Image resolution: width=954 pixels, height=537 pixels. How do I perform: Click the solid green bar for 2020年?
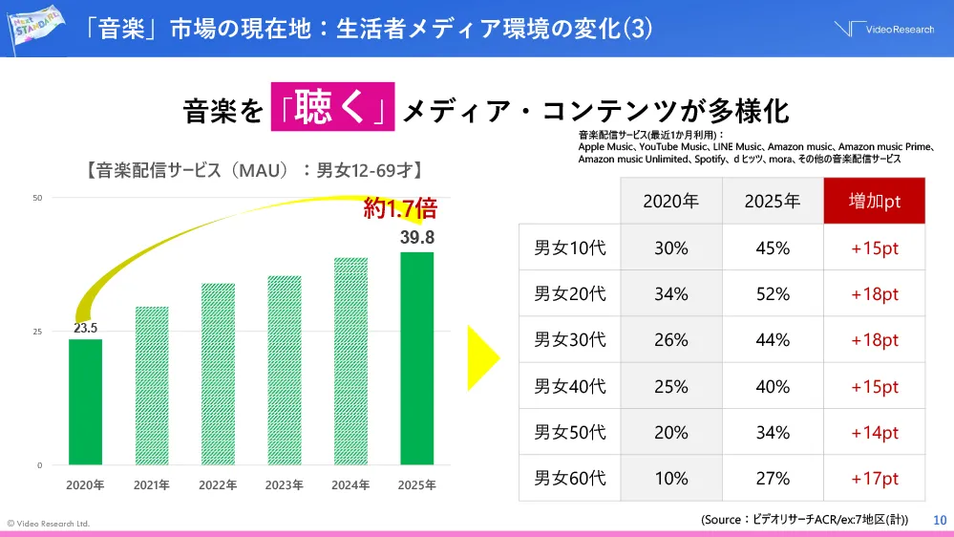(85, 401)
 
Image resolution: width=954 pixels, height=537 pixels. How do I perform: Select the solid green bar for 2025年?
(416, 358)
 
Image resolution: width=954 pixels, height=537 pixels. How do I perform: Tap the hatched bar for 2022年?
(218, 374)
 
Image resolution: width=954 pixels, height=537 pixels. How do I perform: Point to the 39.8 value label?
(416, 237)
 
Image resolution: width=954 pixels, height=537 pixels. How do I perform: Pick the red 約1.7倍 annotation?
(400, 209)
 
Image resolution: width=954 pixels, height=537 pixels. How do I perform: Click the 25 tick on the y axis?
(38, 332)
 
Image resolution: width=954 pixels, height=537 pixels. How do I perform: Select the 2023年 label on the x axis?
(284, 485)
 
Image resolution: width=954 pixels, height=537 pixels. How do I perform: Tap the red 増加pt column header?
(874, 201)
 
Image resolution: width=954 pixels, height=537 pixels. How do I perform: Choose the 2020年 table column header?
(670, 201)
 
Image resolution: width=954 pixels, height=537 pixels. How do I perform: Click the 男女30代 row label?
(569, 340)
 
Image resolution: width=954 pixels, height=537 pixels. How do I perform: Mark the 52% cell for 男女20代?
(772, 294)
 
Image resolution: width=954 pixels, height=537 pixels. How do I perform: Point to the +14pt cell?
(874, 432)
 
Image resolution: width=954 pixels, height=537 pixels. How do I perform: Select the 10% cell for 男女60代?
(670, 478)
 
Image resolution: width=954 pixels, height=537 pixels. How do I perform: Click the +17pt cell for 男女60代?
(874, 478)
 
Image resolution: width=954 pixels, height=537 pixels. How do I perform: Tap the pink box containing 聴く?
(332, 109)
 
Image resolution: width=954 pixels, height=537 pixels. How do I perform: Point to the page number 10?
(939, 520)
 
